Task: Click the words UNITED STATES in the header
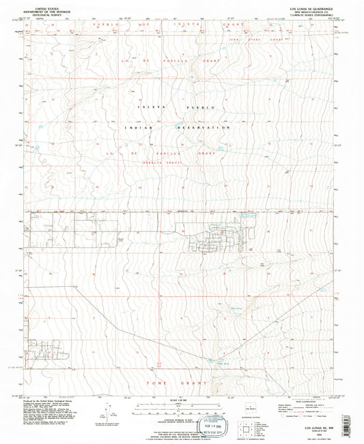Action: (44, 3)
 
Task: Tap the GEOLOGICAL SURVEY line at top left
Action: (44, 12)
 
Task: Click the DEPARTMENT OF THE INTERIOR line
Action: (44, 8)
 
